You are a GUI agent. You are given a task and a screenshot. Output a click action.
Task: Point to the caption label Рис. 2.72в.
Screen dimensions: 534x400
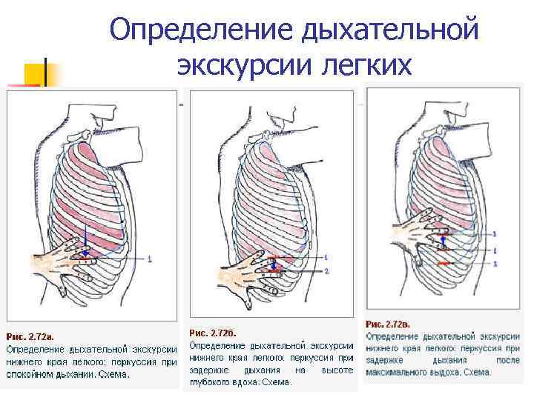point(388,324)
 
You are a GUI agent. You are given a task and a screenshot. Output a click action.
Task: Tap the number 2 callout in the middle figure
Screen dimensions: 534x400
point(326,272)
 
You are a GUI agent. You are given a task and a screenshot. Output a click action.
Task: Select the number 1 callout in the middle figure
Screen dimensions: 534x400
point(325,256)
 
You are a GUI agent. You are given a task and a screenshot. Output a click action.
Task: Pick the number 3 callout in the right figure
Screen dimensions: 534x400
point(494,234)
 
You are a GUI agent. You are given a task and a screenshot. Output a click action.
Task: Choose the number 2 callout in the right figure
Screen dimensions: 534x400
point(494,263)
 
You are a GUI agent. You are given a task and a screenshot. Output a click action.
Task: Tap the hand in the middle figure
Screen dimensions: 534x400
point(248,274)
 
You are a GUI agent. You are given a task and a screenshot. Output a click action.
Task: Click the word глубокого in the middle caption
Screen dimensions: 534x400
point(211,382)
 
